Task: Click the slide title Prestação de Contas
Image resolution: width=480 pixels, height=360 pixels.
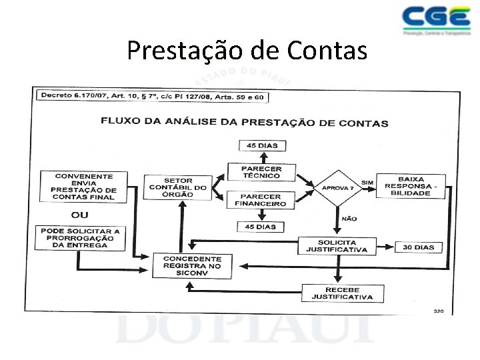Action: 247,50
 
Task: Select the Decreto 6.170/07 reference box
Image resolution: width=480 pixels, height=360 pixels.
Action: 152,97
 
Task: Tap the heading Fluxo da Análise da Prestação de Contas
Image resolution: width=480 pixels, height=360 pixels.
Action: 244,123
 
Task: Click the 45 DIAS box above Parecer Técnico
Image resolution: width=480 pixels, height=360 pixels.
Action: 261,146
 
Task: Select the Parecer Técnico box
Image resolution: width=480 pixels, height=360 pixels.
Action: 261,173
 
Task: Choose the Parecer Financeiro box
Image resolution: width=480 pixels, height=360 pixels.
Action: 261,200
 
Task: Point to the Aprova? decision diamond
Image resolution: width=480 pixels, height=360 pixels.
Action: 338,187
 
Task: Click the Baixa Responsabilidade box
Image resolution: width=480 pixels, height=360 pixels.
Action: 411,185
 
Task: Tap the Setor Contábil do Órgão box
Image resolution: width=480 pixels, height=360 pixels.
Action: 178,187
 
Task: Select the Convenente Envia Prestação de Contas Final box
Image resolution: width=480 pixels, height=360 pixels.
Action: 84,186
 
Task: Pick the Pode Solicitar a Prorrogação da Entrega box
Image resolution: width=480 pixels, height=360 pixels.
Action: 80,238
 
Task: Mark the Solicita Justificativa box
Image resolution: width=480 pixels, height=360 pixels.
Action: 337,246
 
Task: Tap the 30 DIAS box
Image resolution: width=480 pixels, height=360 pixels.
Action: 418,247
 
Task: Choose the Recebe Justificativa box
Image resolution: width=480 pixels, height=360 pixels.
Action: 342,293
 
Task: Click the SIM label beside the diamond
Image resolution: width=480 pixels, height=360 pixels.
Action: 367,181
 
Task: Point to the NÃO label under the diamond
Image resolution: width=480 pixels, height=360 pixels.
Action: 349,219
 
